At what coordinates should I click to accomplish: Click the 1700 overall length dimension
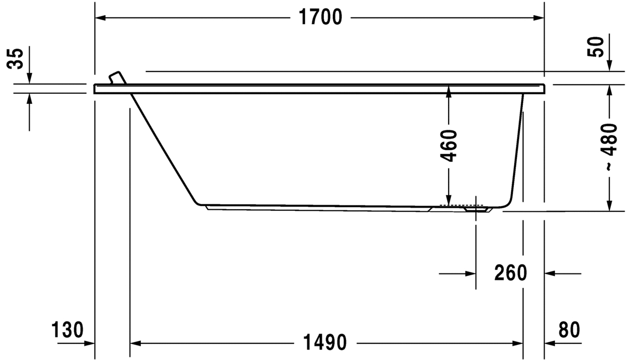pyautogui.click(x=320, y=17)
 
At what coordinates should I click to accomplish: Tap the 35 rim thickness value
pyautogui.click(x=15, y=58)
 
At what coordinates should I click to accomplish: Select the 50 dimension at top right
pyautogui.click(x=595, y=47)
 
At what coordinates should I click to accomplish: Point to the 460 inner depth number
pyautogui.click(x=449, y=146)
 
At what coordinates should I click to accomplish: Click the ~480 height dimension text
pyautogui.click(x=609, y=147)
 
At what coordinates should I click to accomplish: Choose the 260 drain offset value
pyautogui.click(x=511, y=273)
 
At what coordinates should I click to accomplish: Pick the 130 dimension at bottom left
pyautogui.click(x=67, y=330)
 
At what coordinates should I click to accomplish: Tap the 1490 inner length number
pyautogui.click(x=324, y=342)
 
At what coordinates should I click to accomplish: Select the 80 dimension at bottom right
pyautogui.click(x=569, y=330)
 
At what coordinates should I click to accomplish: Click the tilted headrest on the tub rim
pyautogui.click(x=117, y=77)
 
